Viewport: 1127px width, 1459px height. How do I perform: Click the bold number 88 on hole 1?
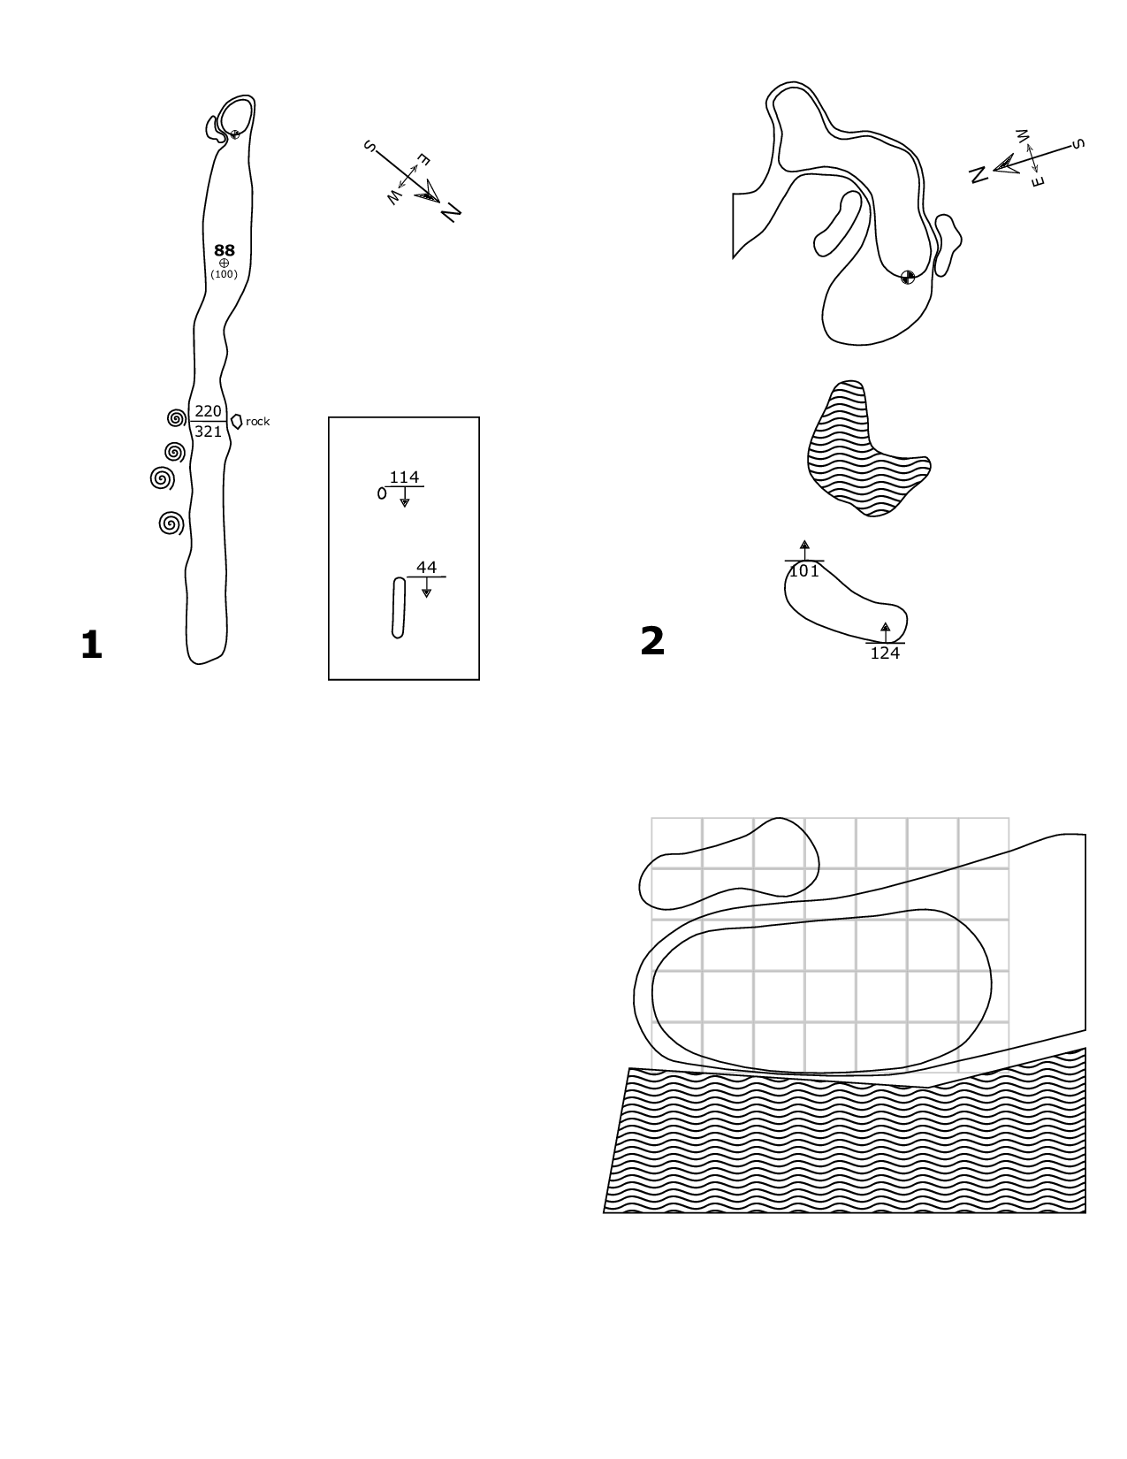(x=225, y=250)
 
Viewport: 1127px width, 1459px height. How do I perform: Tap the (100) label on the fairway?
(x=225, y=274)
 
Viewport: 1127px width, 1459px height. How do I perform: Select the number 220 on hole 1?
(x=208, y=411)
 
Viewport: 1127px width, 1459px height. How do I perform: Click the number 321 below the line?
(x=208, y=432)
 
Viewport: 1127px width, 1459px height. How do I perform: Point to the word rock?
(x=258, y=422)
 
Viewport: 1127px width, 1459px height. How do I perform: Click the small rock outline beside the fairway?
(x=236, y=422)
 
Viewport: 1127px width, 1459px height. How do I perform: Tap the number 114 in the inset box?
(x=404, y=477)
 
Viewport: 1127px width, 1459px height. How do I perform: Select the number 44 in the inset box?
(x=427, y=568)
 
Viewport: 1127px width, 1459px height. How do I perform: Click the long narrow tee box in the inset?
(x=399, y=607)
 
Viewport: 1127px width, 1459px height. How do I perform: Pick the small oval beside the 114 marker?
(x=382, y=493)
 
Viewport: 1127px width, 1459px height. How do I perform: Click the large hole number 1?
(x=91, y=645)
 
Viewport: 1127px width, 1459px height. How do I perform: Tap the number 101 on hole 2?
(x=804, y=571)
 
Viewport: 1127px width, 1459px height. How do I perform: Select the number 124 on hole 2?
(x=885, y=653)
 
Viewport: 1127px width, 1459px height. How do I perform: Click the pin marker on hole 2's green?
(x=908, y=278)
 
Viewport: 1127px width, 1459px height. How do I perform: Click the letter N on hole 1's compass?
(x=451, y=212)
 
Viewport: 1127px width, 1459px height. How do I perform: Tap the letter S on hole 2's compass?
(x=1078, y=143)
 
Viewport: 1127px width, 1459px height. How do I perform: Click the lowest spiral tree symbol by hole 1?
(x=171, y=523)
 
